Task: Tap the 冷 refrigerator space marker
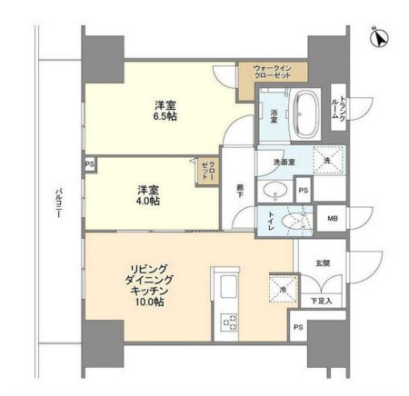pyautogui.click(x=282, y=290)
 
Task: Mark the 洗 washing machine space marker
pyautogui.click(x=328, y=160)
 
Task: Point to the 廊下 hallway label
pyautogui.click(x=241, y=191)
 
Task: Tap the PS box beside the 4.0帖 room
pyautogui.click(x=89, y=164)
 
